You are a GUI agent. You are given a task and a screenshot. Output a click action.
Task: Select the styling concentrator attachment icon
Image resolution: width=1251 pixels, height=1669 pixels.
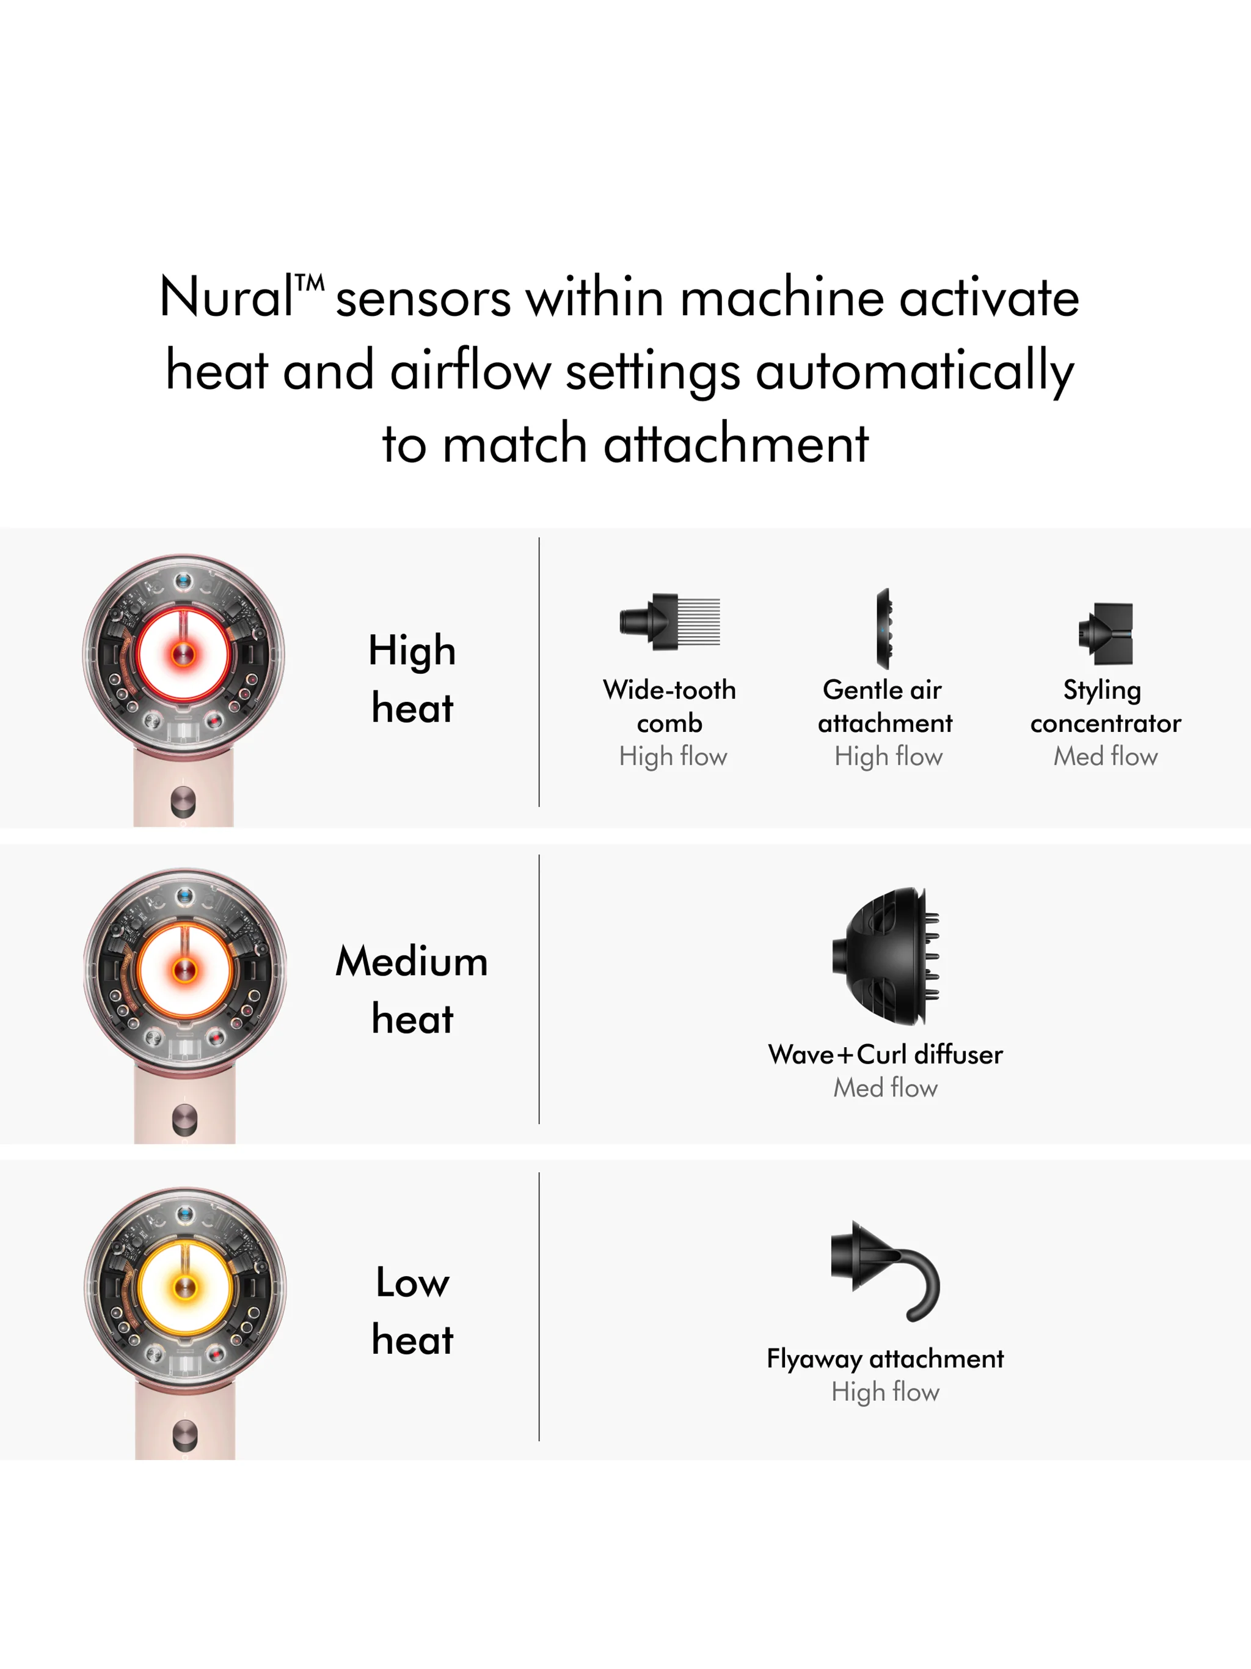(1106, 633)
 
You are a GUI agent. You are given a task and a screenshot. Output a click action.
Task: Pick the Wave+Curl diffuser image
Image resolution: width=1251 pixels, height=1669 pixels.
(886, 957)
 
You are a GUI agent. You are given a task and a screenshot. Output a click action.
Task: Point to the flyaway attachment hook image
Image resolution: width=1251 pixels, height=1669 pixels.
(885, 1271)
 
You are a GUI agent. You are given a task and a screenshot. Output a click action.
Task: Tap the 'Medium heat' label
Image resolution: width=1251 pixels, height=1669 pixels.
(412, 990)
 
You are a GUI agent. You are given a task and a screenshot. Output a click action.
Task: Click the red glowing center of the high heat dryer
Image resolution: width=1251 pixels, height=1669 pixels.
(183, 654)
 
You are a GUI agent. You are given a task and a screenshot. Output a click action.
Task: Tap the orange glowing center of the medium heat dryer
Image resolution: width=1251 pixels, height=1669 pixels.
(184, 970)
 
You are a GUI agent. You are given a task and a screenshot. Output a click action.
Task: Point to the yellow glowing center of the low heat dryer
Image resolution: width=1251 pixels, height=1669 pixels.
(185, 1287)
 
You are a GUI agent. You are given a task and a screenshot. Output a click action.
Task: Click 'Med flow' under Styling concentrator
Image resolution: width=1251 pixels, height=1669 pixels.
(1106, 756)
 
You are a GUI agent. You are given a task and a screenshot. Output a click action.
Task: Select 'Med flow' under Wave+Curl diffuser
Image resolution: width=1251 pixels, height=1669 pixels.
(885, 1087)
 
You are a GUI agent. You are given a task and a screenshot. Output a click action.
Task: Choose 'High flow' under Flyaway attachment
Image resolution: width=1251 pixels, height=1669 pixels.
(885, 1391)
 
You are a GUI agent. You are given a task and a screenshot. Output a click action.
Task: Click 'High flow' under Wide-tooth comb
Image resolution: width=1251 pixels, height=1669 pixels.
(673, 756)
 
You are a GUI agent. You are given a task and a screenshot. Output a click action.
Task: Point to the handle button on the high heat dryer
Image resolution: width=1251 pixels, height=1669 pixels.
(183, 802)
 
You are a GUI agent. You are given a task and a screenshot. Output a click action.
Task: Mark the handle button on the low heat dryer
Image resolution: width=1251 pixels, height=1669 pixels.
(185, 1436)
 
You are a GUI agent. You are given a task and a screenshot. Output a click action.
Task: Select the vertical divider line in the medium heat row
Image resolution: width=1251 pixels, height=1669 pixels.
(539, 989)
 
